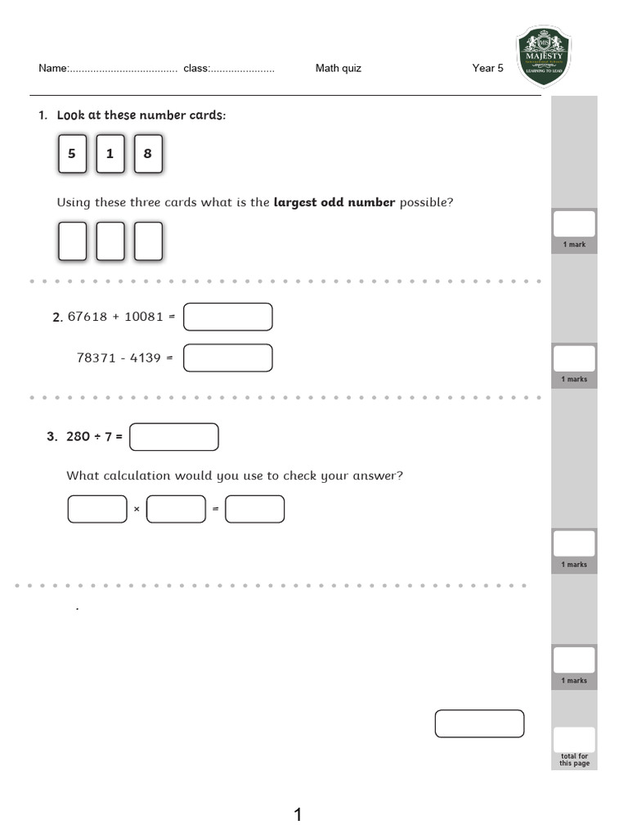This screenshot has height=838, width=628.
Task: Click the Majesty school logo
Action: (545, 56)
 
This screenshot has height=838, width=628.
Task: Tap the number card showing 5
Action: (72, 154)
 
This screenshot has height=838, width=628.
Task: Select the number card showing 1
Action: (110, 154)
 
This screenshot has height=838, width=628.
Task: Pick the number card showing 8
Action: (148, 154)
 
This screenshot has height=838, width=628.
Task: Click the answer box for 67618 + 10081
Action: (227, 317)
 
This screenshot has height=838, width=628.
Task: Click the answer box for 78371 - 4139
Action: (227, 358)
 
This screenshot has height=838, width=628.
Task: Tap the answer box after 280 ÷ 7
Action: (173, 437)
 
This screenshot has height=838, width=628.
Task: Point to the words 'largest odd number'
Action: (334, 202)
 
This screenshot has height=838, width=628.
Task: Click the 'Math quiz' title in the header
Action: (338, 68)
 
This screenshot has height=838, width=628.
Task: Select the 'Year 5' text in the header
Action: (488, 68)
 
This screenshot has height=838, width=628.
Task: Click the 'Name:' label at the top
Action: (53, 68)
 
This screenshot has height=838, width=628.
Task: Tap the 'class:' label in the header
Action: (196, 68)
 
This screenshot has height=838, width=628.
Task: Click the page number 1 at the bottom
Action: (298, 814)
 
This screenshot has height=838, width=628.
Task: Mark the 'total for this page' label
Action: (573, 760)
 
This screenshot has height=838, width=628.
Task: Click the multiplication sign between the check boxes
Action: (137, 510)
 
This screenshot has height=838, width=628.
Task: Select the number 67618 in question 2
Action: (87, 317)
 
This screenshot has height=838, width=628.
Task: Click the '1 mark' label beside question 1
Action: (574, 245)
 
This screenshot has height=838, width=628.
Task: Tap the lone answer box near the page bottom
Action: (479, 723)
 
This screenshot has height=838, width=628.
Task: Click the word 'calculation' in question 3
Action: (145, 475)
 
